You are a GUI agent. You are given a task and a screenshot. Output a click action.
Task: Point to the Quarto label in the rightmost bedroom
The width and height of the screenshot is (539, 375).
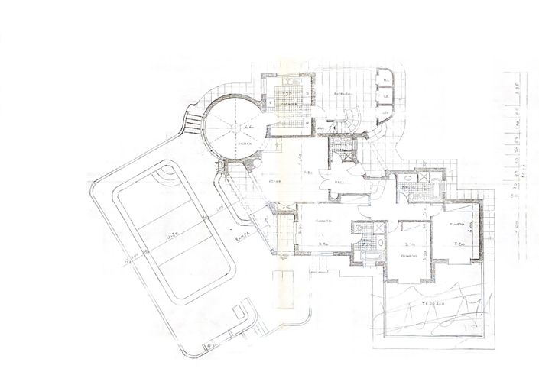coord(457,224)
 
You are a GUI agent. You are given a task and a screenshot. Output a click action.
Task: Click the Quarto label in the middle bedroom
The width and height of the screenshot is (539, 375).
coord(407,256)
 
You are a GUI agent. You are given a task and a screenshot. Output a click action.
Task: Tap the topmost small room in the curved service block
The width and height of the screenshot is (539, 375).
coord(386,79)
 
